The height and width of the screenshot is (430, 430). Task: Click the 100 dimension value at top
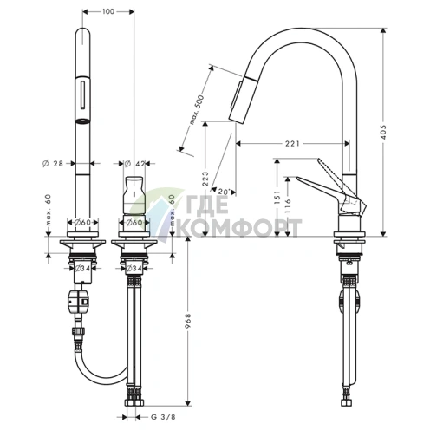(108, 11)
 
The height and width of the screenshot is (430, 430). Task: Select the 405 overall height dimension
(383, 132)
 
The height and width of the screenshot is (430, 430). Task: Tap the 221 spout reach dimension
(292, 143)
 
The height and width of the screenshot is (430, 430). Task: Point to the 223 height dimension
(205, 179)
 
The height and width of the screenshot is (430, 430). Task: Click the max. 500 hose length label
(197, 110)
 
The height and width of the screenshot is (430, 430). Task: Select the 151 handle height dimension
(277, 198)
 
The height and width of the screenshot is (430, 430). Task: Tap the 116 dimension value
(288, 206)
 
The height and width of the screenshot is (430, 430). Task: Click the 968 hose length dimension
(188, 321)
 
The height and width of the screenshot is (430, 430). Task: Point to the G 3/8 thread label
(163, 417)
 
